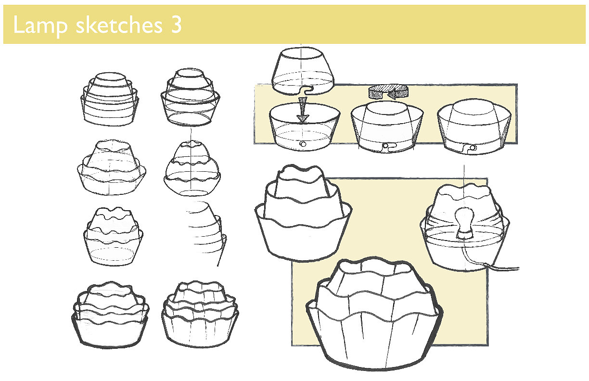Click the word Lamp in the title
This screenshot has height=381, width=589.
[40, 25]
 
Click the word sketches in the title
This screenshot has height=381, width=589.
[119, 25]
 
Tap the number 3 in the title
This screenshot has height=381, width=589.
[175, 25]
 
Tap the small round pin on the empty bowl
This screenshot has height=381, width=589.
[302, 143]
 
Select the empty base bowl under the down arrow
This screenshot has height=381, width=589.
[304, 127]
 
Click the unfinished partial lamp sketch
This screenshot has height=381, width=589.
[205, 231]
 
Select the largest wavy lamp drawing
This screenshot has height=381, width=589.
[375, 313]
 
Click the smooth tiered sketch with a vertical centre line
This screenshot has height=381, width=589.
[190, 98]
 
